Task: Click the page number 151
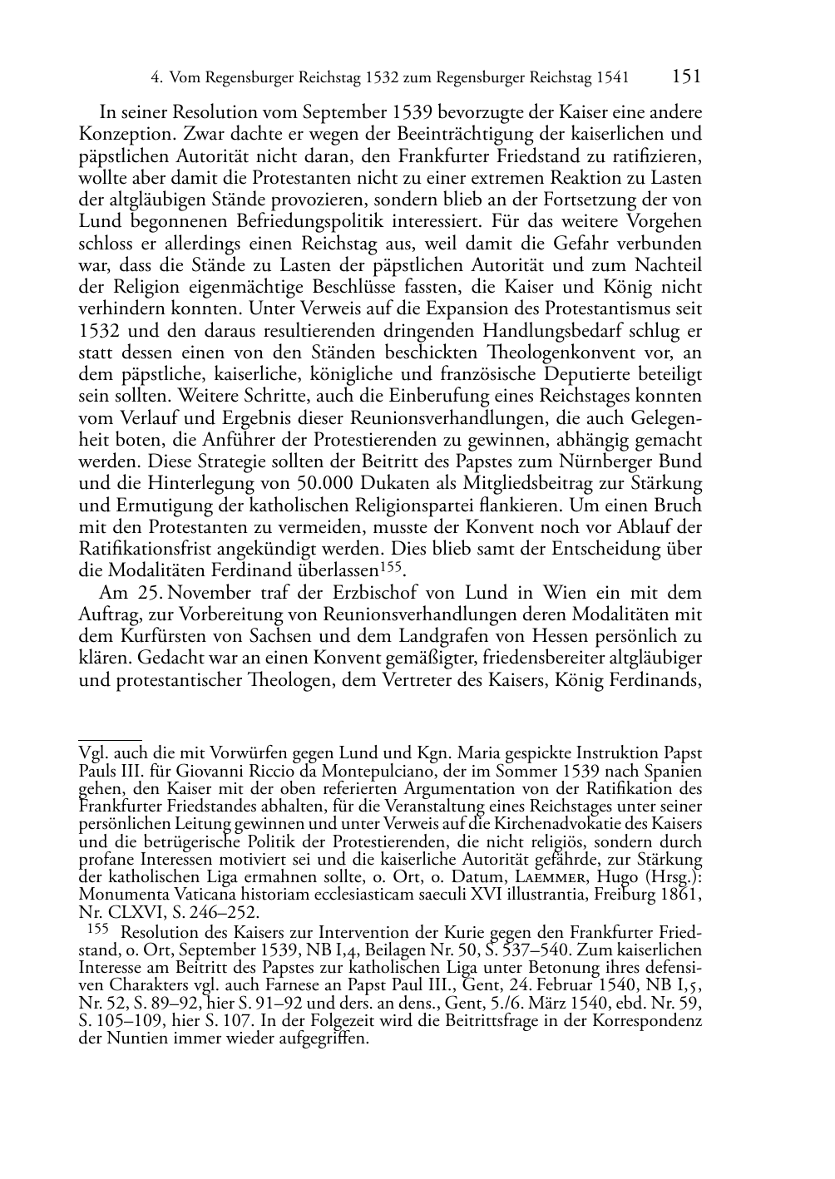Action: pyautogui.click(x=686, y=77)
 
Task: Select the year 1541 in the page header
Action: pyautogui.click(x=612, y=78)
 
